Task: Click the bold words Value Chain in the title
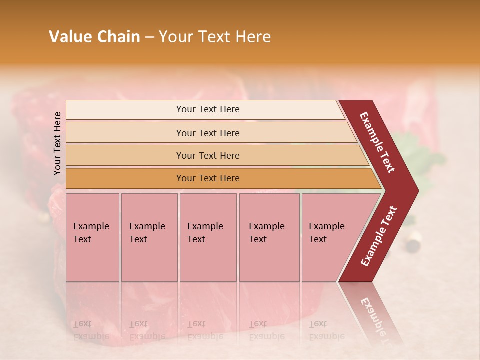point(94,37)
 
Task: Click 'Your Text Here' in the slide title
point(215,37)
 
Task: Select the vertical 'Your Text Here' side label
point(57,143)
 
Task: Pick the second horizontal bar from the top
point(208,133)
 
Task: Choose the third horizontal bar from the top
point(208,155)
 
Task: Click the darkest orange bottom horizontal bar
point(208,178)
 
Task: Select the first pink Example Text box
point(92,237)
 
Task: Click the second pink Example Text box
point(149,237)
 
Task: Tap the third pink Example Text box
point(208,237)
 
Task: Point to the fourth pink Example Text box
point(269,237)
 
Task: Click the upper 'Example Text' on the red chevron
point(377,142)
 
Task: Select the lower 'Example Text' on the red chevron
point(379,236)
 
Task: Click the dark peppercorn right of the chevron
point(413,245)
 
